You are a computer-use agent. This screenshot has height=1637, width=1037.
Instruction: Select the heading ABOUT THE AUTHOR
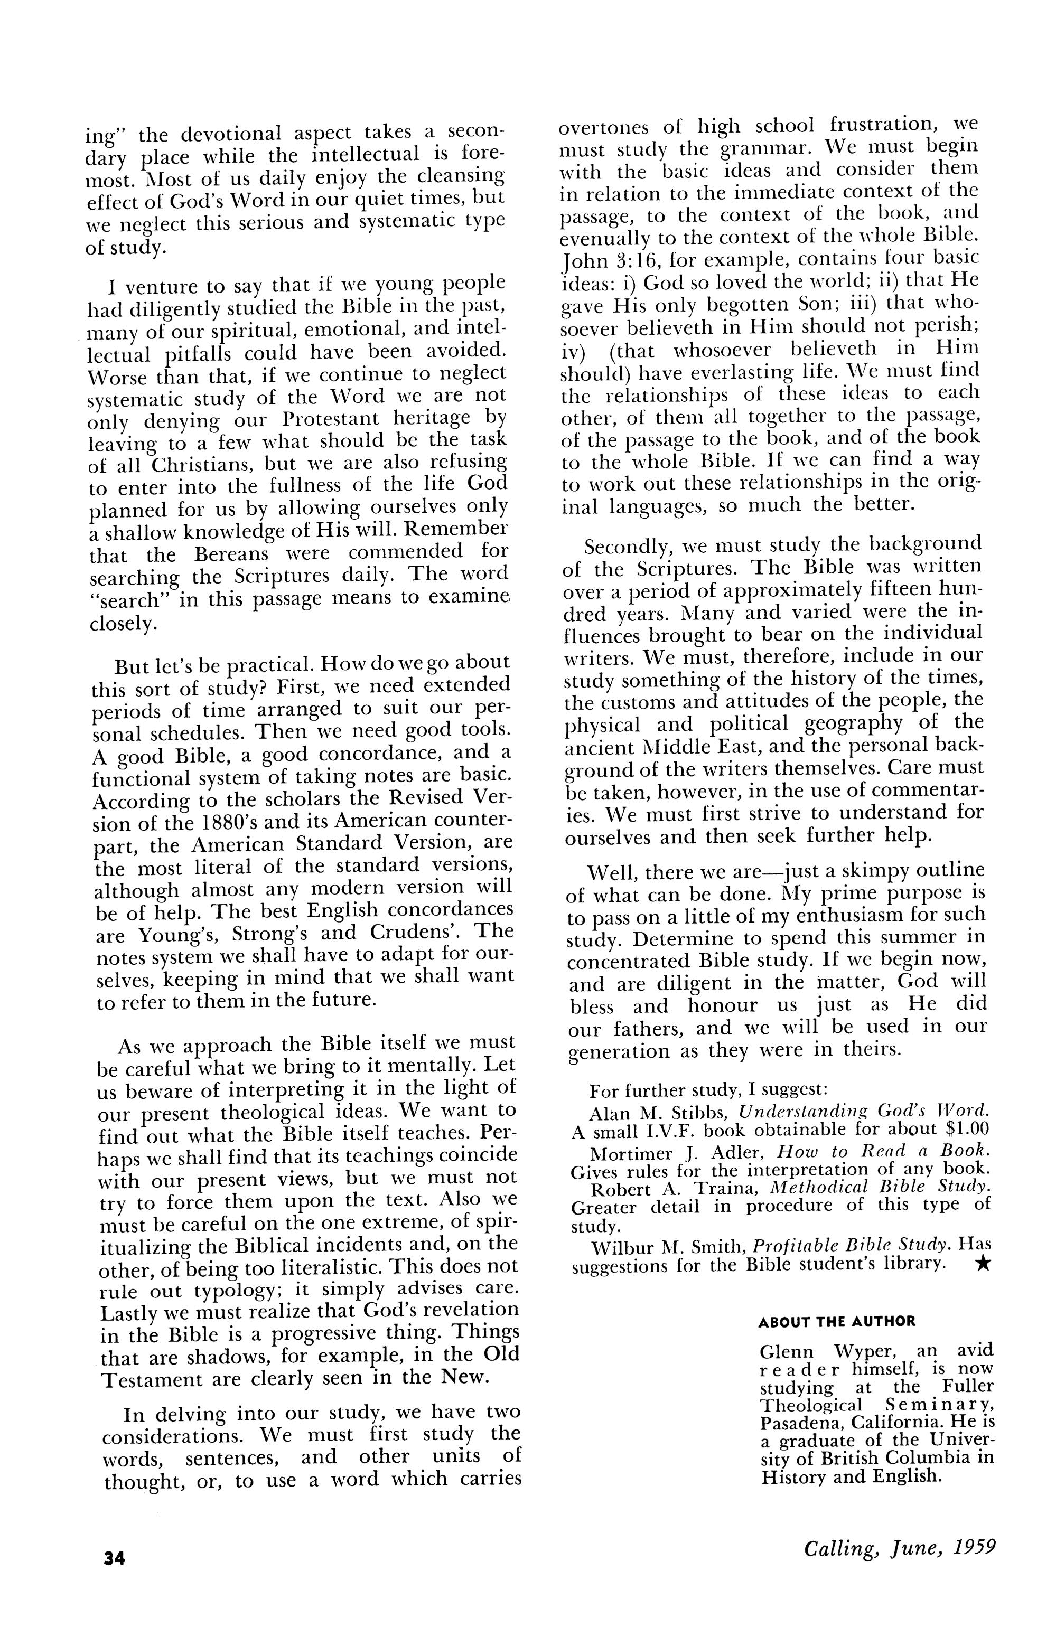click(836, 1322)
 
